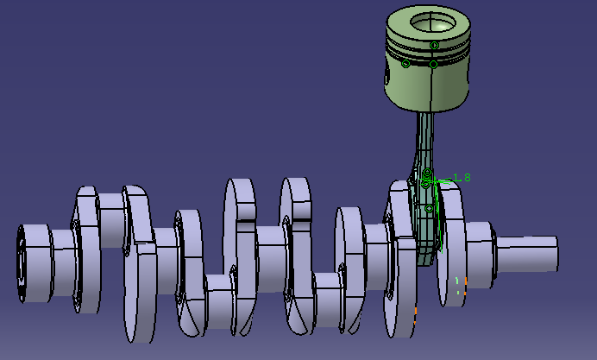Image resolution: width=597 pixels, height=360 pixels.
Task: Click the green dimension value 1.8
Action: click(462, 178)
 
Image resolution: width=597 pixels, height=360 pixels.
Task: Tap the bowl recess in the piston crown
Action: click(433, 22)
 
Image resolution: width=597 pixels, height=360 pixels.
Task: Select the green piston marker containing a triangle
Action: click(434, 46)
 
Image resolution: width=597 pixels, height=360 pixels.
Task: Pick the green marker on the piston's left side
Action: click(405, 64)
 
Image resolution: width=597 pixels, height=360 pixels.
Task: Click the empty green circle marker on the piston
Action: click(433, 65)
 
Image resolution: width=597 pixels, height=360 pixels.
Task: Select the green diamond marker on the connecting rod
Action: click(429, 208)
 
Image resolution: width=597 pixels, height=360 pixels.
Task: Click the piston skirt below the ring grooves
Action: click(426, 87)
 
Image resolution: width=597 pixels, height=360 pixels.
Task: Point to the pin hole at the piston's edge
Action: click(387, 75)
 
